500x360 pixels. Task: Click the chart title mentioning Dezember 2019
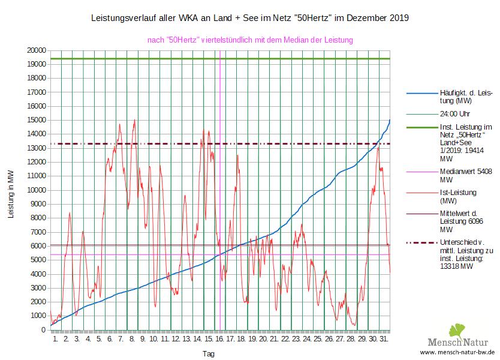[249, 18]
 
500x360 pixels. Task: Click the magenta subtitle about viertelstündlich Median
[250, 40]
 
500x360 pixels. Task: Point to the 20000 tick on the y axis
[35, 50]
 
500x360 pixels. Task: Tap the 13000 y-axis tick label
[35, 148]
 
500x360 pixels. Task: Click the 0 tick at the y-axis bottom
[43, 329]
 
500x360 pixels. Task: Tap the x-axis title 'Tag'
[208, 354]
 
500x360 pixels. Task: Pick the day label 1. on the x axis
[56, 339]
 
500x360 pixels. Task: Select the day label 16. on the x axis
[219, 339]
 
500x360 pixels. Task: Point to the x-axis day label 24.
[307, 339]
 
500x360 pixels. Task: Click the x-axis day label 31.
[384, 339]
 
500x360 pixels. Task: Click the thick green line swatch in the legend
[421, 127]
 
